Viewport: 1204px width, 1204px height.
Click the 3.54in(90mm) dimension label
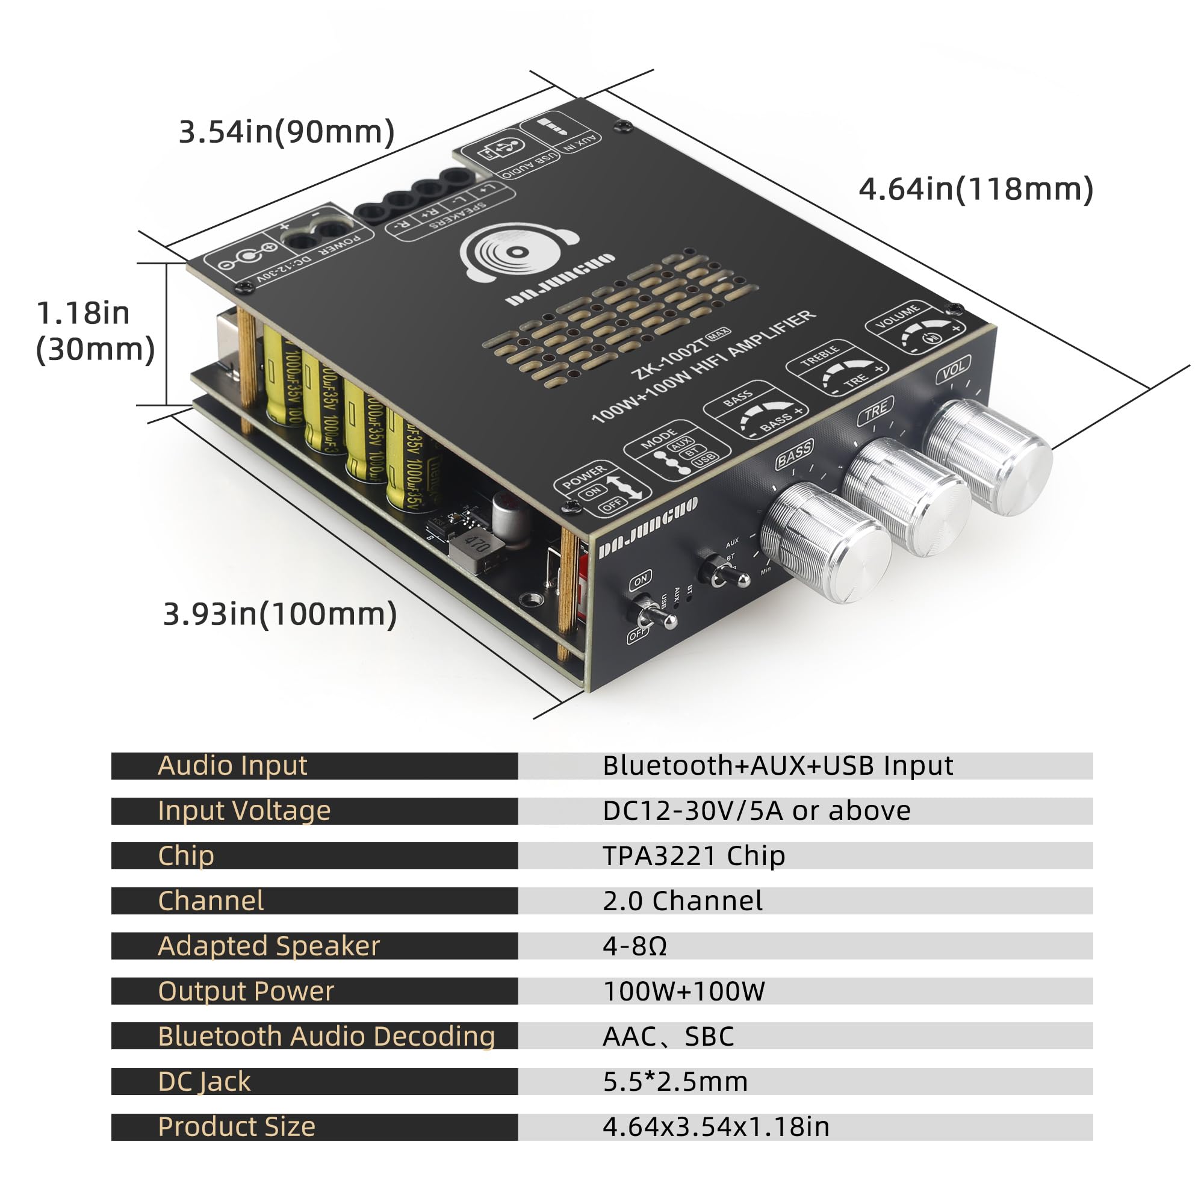point(287,132)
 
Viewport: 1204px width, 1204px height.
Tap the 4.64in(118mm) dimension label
point(975,190)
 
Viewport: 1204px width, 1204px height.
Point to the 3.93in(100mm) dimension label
point(280,615)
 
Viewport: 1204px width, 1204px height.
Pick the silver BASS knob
point(826,542)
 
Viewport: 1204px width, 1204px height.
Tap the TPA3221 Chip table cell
point(694,856)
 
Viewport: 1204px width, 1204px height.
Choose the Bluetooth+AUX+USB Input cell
point(777,766)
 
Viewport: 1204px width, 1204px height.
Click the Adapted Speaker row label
point(268,946)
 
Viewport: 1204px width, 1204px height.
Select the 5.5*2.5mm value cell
point(675,1082)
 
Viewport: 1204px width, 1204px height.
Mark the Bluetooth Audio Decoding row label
point(326,1037)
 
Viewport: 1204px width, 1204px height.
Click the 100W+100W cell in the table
point(684,991)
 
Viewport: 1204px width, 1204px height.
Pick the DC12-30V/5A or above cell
point(756,811)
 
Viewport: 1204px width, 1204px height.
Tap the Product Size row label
point(236,1128)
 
